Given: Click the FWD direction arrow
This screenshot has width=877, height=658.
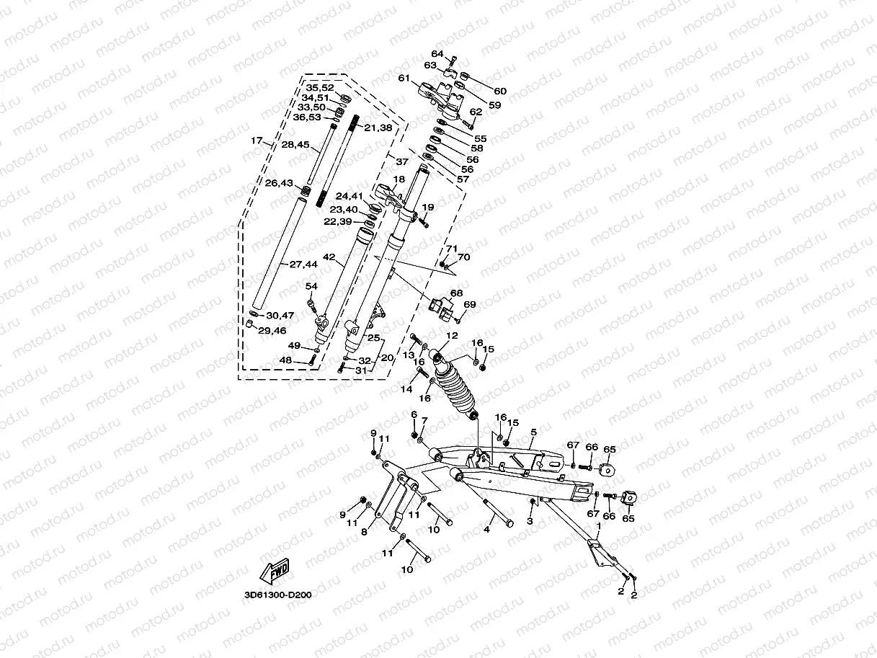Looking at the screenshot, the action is point(275,571).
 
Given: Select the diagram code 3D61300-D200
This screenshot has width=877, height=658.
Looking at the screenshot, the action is point(278,595).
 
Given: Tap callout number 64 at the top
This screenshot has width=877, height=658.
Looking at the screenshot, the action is point(437,53).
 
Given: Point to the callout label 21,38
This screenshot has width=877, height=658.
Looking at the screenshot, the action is point(378,128).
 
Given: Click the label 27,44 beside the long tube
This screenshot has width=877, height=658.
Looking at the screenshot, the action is point(303,264).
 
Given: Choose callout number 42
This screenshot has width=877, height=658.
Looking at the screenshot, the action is point(329,257).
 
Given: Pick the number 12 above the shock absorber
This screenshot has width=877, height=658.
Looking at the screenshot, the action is point(452,336).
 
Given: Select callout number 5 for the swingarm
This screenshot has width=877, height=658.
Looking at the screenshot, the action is point(534,432).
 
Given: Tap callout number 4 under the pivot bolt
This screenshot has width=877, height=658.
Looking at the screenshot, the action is point(486,530).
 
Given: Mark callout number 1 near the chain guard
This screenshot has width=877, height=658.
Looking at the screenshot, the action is point(598,526).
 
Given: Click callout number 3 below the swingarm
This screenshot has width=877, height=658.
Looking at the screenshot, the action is point(530,521).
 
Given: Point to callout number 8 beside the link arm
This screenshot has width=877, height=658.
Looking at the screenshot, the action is point(364,532).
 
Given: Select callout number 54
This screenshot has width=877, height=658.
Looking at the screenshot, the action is point(311,286).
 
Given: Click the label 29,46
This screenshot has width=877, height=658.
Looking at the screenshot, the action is point(272,331).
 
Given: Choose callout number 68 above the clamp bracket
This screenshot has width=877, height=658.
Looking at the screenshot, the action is point(456,293).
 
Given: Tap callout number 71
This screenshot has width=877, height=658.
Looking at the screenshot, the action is point(452,249).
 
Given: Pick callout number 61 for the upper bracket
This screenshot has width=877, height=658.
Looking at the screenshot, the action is point(404,78).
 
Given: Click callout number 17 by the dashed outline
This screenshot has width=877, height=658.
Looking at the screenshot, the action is point(257,141).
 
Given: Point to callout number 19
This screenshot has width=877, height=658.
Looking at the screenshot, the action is point(428,207).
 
